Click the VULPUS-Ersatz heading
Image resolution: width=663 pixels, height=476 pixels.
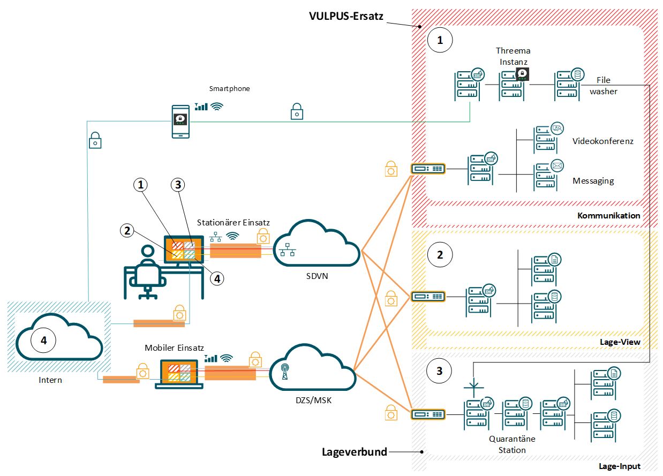[346, 16]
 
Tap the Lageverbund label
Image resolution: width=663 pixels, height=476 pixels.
[355, 452]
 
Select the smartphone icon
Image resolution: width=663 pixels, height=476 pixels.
[180, 122]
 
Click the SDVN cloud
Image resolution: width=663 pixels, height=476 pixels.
[317, 243]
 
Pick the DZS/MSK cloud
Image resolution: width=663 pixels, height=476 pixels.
[313, 367]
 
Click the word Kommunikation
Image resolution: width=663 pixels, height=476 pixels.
[608, 215]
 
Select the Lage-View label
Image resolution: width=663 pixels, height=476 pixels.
[620, 342]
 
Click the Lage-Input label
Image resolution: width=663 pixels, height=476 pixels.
[619, 466]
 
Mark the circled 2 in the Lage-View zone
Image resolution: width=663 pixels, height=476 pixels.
[440, 255]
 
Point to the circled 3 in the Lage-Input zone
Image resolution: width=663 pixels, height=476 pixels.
[439, 371]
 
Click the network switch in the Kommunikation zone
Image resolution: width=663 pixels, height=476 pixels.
[428, 169]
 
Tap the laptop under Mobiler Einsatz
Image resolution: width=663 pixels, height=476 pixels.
[179, 374]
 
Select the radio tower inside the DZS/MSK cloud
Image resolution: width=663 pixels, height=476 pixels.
[285, 372]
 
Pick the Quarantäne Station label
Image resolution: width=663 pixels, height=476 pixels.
[512, 444]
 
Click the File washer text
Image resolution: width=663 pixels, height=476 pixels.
[603, 86]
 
